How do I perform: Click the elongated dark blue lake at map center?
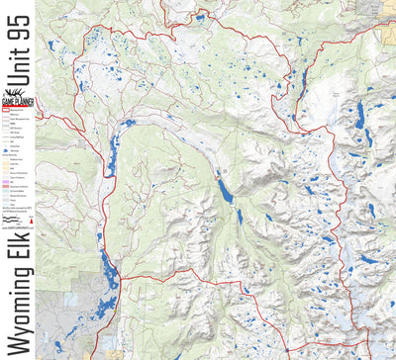click(x=226, y=188)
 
